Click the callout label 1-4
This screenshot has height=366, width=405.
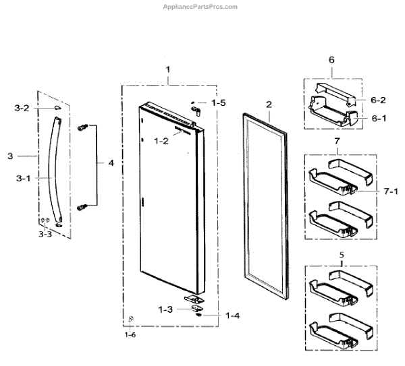click(x=233, y=315)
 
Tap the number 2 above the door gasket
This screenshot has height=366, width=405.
click(x=269, y=104)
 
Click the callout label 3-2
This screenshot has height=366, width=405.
click(x=22, y=108)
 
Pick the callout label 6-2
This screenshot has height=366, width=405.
click(x=377, y=100)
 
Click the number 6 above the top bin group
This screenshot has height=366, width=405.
click(x=331, y=60)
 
